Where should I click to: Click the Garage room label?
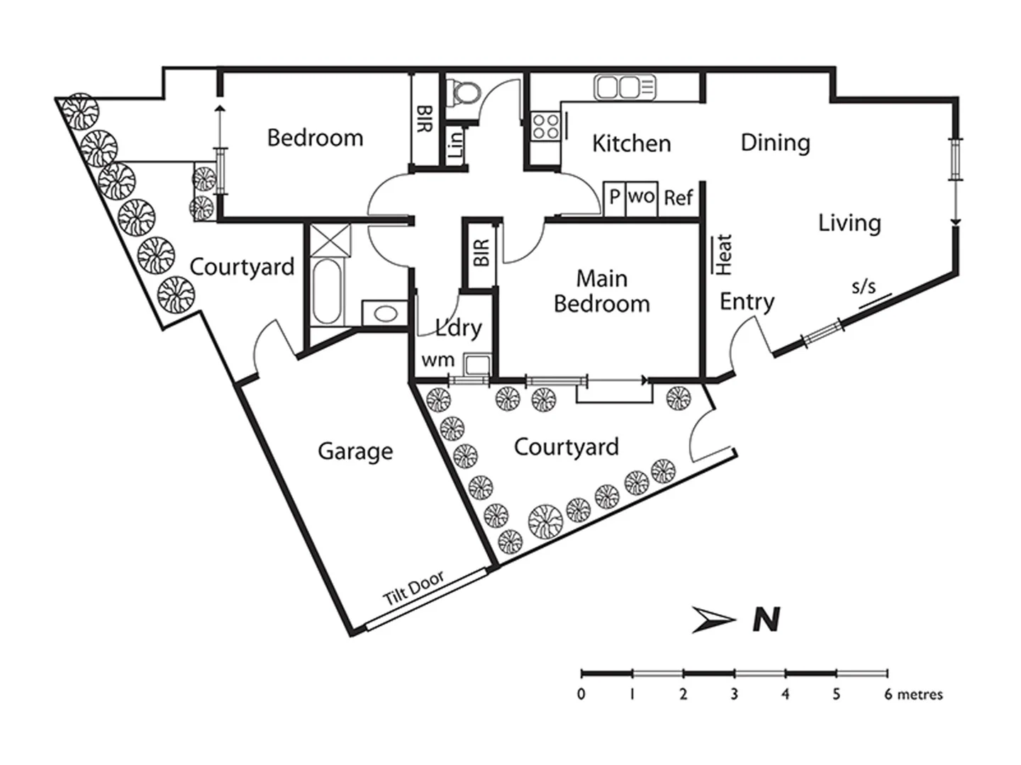355,451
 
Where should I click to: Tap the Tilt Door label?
413,588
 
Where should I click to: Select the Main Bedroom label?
601,291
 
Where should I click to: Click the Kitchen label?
631,143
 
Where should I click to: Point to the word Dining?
775,142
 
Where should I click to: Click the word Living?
849,223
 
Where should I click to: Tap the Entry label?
747,302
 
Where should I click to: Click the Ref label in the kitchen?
678,198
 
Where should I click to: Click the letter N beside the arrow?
766,620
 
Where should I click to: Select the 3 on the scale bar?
734,694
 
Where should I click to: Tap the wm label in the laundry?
437,360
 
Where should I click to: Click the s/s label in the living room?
863,287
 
